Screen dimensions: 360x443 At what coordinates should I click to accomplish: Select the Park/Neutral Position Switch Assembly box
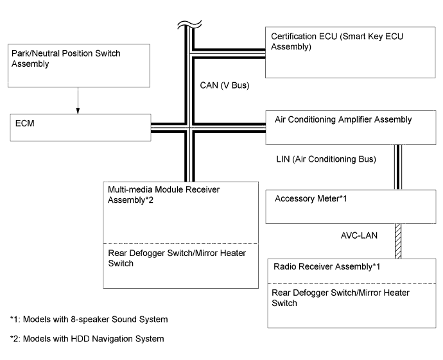(x=78, y=65)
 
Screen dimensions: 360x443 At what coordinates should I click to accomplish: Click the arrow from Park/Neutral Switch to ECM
(x=78, y=100)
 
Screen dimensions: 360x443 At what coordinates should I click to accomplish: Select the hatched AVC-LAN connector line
(x=398, y=241)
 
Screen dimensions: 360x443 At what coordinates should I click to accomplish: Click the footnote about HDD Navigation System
(x=87, y=339)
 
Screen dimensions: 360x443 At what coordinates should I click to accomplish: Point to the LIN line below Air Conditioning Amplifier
(x=398, y=167)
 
